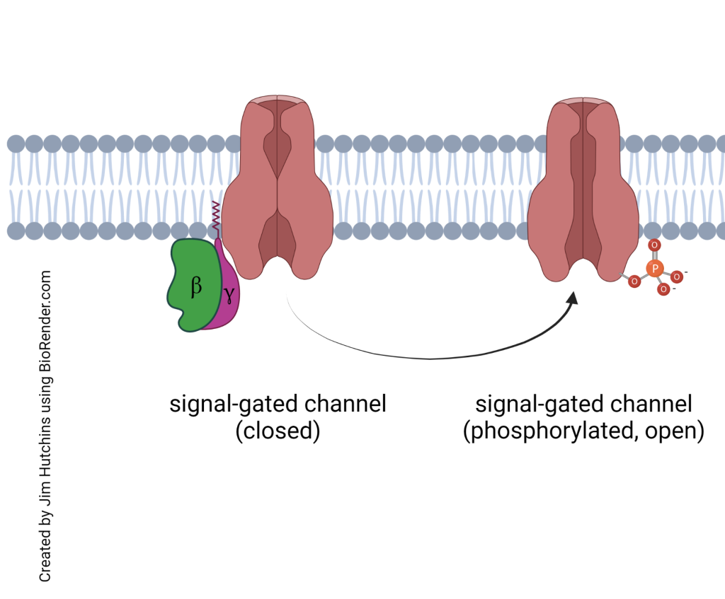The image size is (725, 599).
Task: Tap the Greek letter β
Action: click(196, 286)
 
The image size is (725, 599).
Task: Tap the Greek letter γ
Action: click(228, 291)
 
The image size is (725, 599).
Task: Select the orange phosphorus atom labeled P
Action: click(656, 268)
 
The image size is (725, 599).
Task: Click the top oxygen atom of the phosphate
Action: click(654, 245)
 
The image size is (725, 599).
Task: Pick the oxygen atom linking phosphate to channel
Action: click(634, 281)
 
